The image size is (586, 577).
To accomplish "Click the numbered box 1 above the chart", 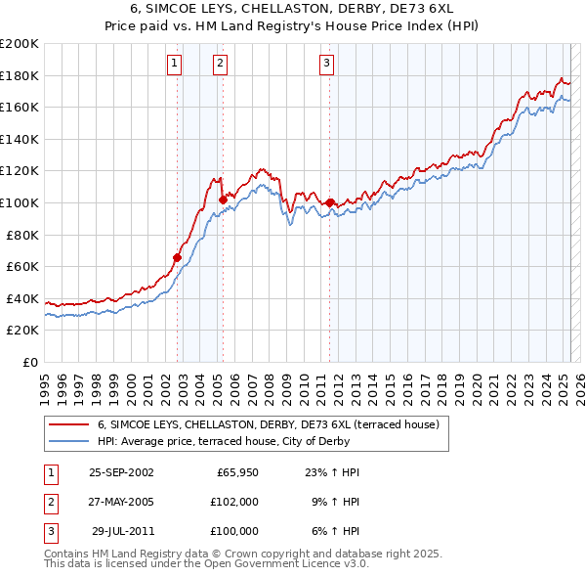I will [x=174, y=64].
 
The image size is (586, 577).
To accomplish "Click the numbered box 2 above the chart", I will [x=220, y=64].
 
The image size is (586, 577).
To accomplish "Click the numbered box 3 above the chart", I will [x=326, y=64].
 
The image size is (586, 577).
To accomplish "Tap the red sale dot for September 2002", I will [x=178, y=257].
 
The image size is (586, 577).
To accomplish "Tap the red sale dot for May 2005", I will [x=223, y=200].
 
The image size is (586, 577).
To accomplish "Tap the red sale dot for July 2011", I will [x=330, y=202].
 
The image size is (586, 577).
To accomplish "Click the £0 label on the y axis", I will [x=31, y=362].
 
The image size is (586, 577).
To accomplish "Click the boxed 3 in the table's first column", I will [x=49, y=531].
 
